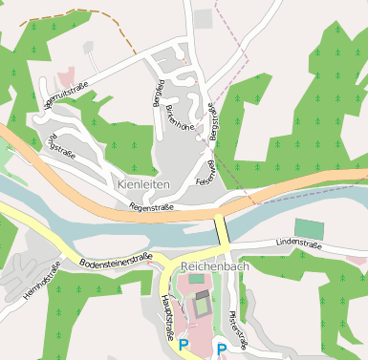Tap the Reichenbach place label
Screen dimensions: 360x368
[214, 266]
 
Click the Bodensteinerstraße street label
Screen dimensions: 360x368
[116, 260]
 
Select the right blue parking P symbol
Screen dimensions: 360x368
[222, 349]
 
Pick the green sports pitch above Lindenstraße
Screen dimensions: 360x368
[309, 228]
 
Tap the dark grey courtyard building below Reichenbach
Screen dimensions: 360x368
[203, 306]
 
